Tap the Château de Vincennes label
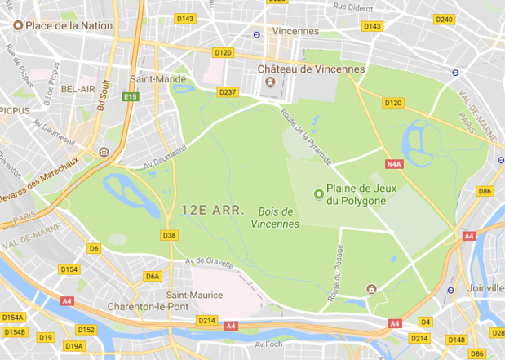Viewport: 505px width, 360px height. pos(311,69)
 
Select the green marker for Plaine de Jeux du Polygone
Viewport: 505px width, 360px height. pos(319,193)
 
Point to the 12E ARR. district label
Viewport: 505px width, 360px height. pos(208,210)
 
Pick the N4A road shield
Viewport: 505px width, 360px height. pos(395,164)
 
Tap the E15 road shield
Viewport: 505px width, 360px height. pos(129,97)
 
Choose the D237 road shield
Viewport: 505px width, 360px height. pos(228,91)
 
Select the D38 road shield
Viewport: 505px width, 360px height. pos(170,236)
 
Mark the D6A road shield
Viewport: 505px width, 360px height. pos(153,276)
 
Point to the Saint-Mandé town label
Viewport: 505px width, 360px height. pos(158,79)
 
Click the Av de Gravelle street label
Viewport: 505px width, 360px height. pos(210,261)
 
